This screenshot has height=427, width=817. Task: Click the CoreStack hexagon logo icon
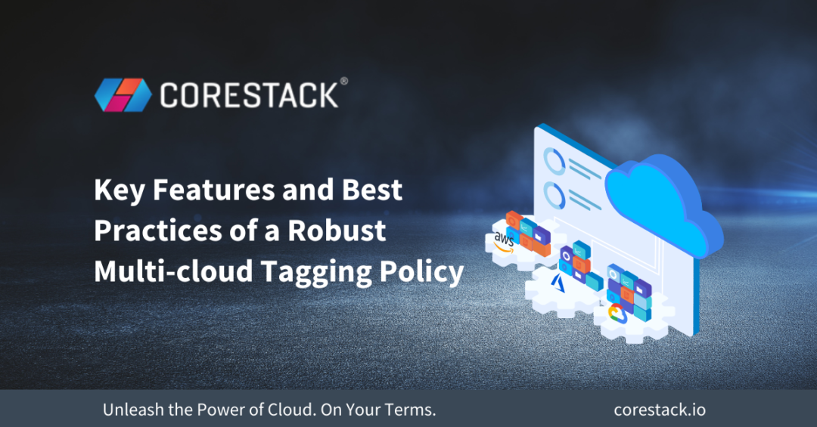(123, 94)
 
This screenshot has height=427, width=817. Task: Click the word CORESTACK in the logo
(249, 95)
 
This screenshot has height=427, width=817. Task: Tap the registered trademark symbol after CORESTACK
(344, 80)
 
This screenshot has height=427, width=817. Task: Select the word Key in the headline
(120, 191)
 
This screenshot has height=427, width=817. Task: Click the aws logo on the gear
(504, 241)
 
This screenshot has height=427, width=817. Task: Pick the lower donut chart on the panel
(555, 197)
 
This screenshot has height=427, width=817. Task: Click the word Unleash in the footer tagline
(129, 410)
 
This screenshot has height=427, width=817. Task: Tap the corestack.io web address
(660, 410)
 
